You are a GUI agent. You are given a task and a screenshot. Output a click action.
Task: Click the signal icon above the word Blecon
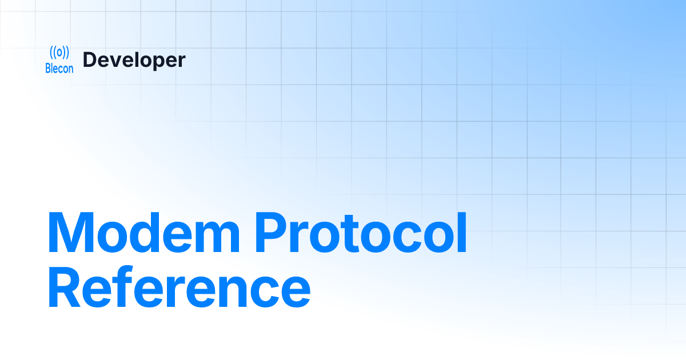(x=59, y=53)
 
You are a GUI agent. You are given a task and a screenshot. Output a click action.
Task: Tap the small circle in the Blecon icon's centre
(x=59, y=53)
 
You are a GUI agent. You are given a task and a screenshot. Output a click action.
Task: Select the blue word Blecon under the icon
(x=59, y=69)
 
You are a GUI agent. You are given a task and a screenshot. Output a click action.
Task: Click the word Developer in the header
(x=134, y=60)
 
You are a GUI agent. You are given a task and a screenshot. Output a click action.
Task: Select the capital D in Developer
(x=90, y=60)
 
